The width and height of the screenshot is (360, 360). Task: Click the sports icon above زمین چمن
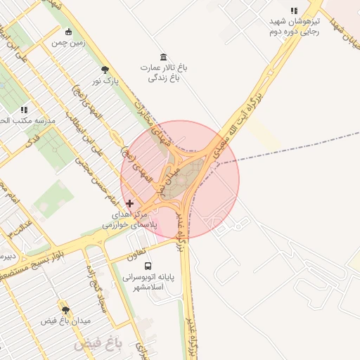[68, 32]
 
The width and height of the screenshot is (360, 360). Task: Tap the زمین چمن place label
[67, 42]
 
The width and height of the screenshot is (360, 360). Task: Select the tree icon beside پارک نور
[105, 70]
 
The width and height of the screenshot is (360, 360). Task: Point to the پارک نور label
[105, 81]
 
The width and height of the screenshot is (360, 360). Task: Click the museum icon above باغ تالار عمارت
[164, 57]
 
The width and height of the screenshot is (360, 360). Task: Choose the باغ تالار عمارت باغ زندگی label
[164, 73]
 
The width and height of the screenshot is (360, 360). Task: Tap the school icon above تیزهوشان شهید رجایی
[294, 11]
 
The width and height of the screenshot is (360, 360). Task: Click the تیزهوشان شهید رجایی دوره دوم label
[295, 26]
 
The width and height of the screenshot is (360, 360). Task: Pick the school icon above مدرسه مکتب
[25, 110]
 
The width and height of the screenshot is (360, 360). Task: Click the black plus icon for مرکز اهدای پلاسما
[129, 203]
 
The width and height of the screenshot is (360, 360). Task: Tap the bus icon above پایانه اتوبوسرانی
[148, 266]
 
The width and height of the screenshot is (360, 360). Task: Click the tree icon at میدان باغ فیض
[66, 310]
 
